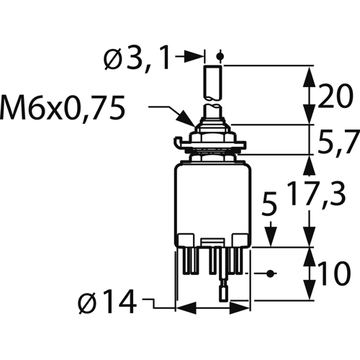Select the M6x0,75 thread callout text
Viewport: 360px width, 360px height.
click(63, 108)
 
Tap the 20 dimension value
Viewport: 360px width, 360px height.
click(336, 96)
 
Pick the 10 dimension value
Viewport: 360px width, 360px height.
click(335, 273)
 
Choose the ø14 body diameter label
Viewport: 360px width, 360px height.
click(107, 301)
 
